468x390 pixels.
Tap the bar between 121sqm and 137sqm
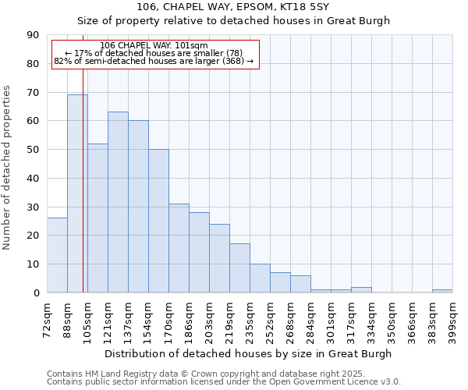point(118,202)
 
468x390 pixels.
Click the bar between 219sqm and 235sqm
point(239,268)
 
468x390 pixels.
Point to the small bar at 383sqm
point(442,291)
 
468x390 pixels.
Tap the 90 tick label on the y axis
point(33,35)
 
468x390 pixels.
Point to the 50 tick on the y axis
point(33,150)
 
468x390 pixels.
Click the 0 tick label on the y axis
point(36,292)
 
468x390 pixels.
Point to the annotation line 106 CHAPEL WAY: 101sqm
point(154,45)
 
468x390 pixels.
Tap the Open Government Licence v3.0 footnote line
point(224,382)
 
